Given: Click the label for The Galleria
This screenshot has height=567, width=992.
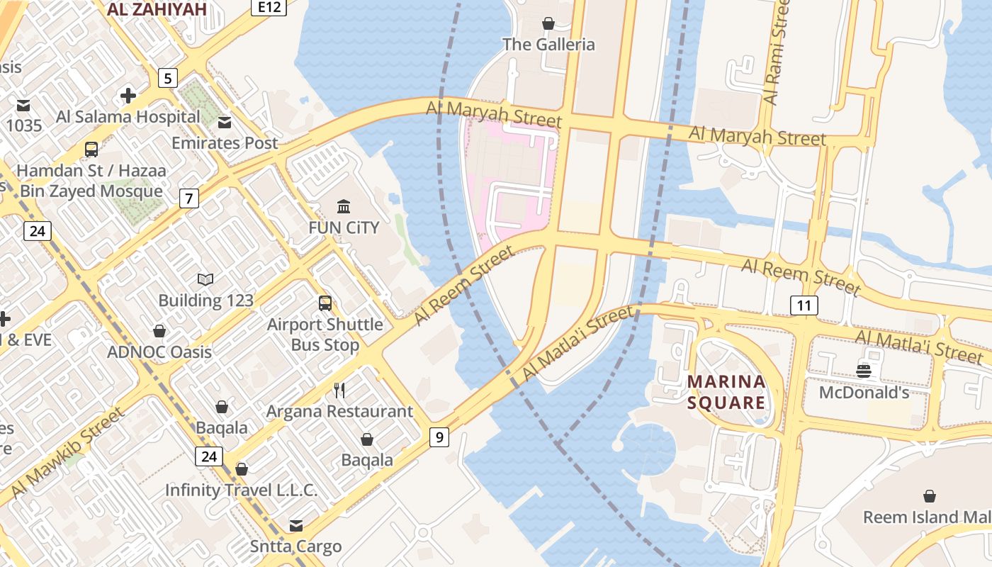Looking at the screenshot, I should click(548, 45).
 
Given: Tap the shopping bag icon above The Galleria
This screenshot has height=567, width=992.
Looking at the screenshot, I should click(548, 23).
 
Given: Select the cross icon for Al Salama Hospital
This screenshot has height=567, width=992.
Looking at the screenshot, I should click(128, 95).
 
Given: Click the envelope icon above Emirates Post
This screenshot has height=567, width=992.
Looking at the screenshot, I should click(225, 122).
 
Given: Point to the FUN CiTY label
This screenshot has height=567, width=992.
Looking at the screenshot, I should click(344, 228).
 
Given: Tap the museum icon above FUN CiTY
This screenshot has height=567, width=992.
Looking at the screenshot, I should click(344, 206).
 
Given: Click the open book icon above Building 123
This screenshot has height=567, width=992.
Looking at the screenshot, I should click(205, 279).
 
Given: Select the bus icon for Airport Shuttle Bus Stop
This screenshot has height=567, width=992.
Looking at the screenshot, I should click(325, 303).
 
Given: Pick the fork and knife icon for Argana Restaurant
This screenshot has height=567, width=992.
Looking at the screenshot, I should click(339, 390).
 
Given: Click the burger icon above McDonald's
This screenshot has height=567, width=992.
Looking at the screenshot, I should click(863, 371).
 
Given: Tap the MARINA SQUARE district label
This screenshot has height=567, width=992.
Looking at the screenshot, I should click(727, 393).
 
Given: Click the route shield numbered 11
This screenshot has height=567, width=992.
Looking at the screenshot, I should click(804, 305).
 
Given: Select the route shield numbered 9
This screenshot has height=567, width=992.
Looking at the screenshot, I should click(439, 437).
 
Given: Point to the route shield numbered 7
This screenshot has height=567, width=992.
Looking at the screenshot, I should click(188, 198).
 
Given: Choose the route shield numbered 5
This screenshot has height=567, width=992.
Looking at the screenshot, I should click(167, 78).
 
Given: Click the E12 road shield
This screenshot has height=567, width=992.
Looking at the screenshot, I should click(269, 7).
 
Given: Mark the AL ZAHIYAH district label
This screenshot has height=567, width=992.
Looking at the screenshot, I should click(157, 9).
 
